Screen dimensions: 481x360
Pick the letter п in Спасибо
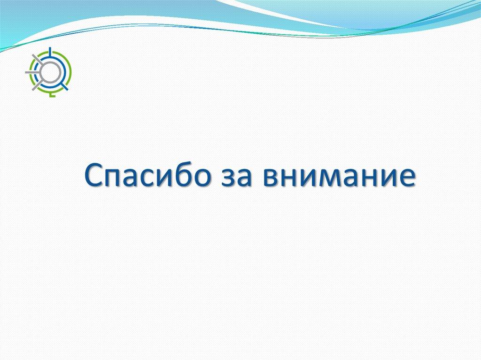click(114, 177)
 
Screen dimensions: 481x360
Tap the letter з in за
click(228, 177)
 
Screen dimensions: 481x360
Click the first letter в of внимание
click(272, 177)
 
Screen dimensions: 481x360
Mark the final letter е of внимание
click(407, 177)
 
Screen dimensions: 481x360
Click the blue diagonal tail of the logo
click(64, 86)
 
